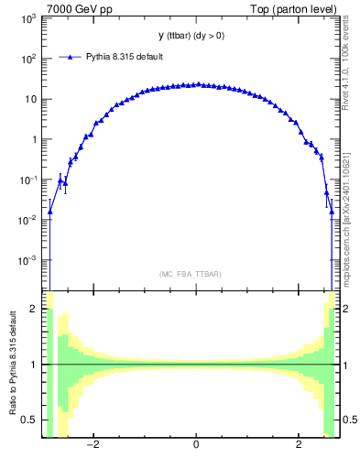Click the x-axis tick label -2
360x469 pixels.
point(93,446)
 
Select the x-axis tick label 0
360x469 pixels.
point(196,446)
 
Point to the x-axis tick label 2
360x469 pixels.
point(299,446)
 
